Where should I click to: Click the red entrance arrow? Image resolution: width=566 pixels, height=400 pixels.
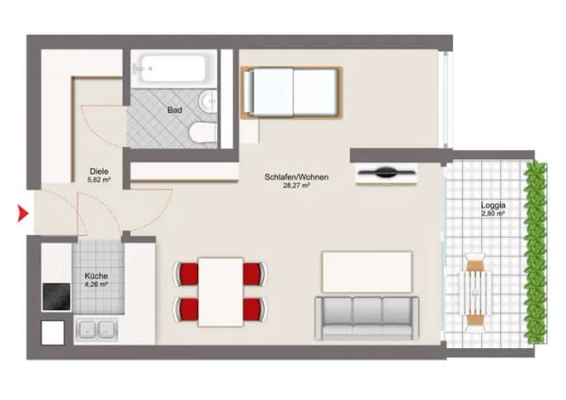pyautogui.click(x=23, y=213)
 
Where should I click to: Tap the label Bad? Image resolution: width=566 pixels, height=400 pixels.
pyautogui.click(x=175, y=110)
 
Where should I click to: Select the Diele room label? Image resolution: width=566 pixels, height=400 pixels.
pyautogui.click(x=99, y=171)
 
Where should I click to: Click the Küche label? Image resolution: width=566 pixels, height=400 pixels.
pyautogui.click(x=96, y=275)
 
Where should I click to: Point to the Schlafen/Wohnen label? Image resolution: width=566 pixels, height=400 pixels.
pyautogui.click(x=296, y=177)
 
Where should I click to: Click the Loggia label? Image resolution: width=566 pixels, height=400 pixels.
pyautogui.click(x=492, y=206)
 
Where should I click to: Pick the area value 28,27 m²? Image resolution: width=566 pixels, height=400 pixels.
pyautogui.click(x=296, y=186)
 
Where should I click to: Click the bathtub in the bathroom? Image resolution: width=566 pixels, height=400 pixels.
pyautogui.click(x=174, y=69)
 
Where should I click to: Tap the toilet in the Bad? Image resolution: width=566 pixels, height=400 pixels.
pyautogui.click(x=203, y=132)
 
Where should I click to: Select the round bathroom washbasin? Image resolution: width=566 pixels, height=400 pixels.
pyautogui.click(x=208, y=101)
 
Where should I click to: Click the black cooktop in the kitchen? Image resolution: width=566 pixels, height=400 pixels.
pyautogui.click(x=57, y=297)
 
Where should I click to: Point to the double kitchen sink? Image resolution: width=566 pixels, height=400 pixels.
pyautogui.click(x=96, y=330)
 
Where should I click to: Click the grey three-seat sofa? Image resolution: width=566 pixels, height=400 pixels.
pyautogui.click(x=367, y=318)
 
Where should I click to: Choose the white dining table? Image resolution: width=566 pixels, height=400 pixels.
pyautogui.click(x=221, y=292)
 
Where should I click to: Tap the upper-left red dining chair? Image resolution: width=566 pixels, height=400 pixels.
pyautogui.click(x=187, y=275)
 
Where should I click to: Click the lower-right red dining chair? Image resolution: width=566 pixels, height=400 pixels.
pyautogui.click(x=255, y=309)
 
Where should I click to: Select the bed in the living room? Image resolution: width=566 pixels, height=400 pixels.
pyautogui.click(x=291, y=92)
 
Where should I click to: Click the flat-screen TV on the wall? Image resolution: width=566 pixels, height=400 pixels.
pyautogui.click(x=386, y=173)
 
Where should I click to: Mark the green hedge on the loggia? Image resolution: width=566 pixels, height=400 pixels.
pyautogui.click(x=535, y=253)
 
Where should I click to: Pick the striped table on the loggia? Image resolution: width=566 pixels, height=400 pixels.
pyautogui.click(x=474, y=293)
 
